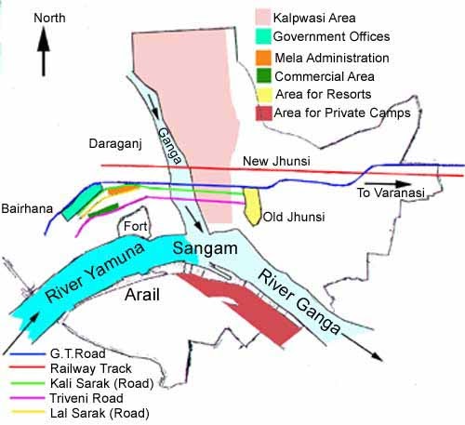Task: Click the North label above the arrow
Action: coord(50,17)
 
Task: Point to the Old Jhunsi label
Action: coord(294,218)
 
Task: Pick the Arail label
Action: coord(147,295)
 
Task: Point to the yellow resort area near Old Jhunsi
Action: coord(252,205)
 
